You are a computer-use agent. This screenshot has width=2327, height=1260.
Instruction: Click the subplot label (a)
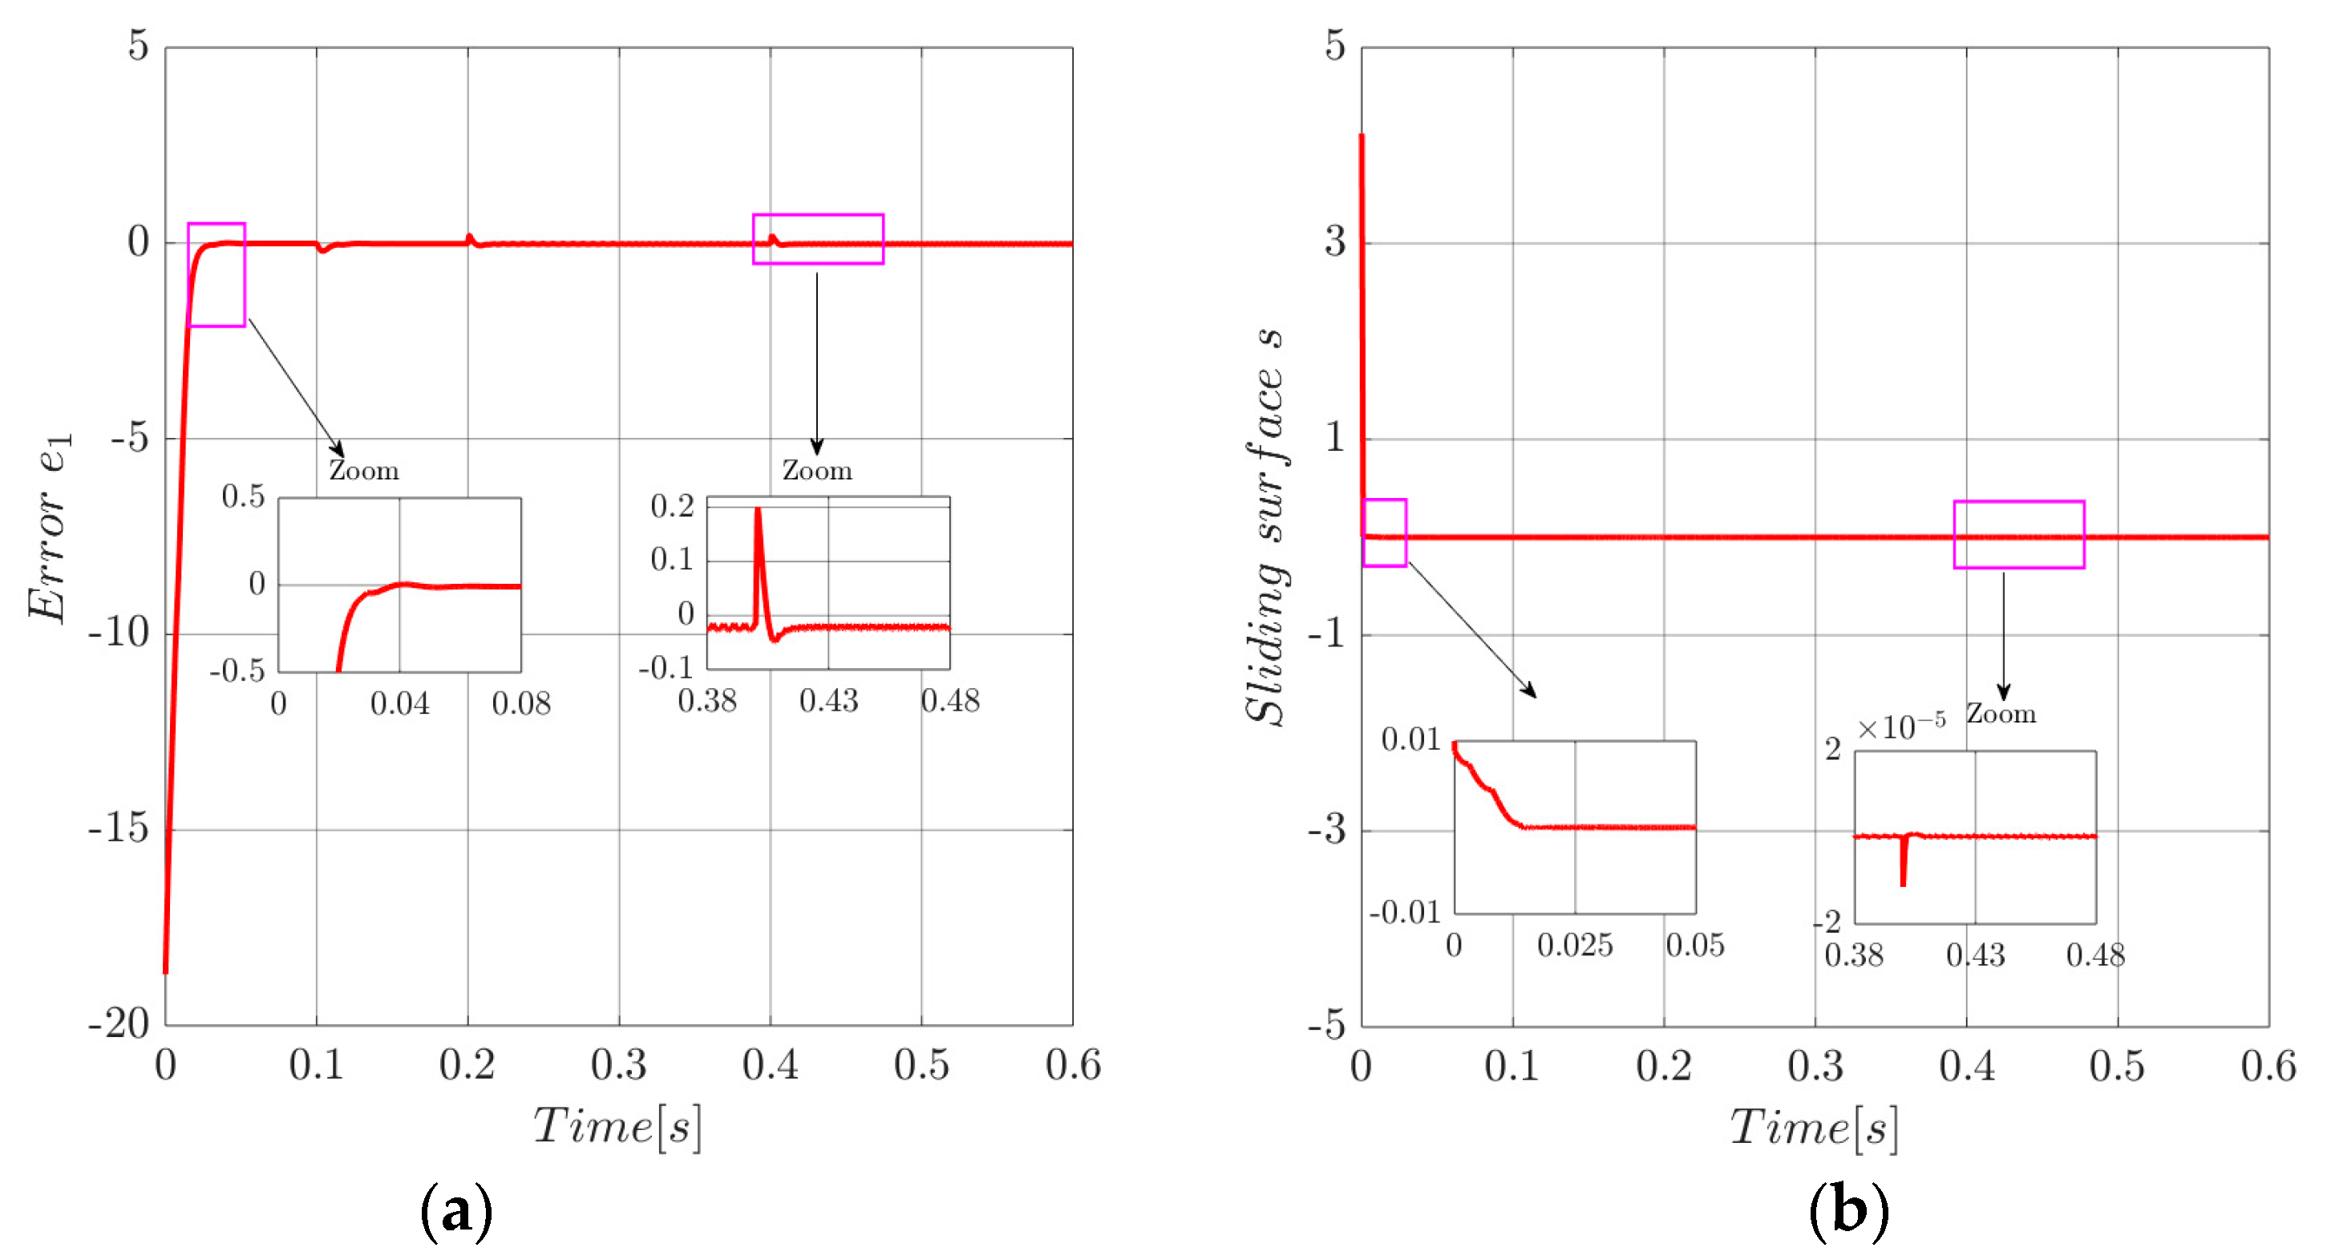pyautogui.click(x=456, y=1210)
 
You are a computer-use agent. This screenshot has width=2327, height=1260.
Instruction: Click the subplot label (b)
pyautogui.click(x=1848, y=1210)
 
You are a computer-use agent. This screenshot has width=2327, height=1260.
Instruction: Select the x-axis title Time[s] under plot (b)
pyautogui.click(x=1813, y=1128)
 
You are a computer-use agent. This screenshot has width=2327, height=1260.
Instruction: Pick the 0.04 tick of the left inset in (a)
pyautogui.click(x=399, y=703)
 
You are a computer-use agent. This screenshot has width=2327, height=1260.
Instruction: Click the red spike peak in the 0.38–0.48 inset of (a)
pyautogui.click(x=758, y=511)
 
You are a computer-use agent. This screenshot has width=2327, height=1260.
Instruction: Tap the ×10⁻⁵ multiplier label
pyautogui.click(x=1900, y=727)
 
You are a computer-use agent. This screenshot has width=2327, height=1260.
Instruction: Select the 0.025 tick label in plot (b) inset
pyautogui.click(x=1575, y=946)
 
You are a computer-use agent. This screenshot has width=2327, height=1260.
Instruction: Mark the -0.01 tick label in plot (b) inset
pyautogui.click(x=1405, y=912)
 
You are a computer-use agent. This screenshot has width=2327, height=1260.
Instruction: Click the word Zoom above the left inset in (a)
pyautogui.click(x=363, y=471)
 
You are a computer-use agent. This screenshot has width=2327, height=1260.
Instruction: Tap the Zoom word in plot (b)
pyautogui.click(x=2001, y=715)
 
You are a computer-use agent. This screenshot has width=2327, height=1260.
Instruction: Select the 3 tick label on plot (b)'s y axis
pyautogui.click(x=1335, y=242)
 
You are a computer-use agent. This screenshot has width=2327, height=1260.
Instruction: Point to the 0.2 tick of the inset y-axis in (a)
pyautogui.click(x=672, y=507)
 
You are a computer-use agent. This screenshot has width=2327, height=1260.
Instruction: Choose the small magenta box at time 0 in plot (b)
pyautogui.click(x=1384, y=533)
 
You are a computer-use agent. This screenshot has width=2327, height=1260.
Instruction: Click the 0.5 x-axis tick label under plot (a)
pyautogui.click(x=921, y=1066)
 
